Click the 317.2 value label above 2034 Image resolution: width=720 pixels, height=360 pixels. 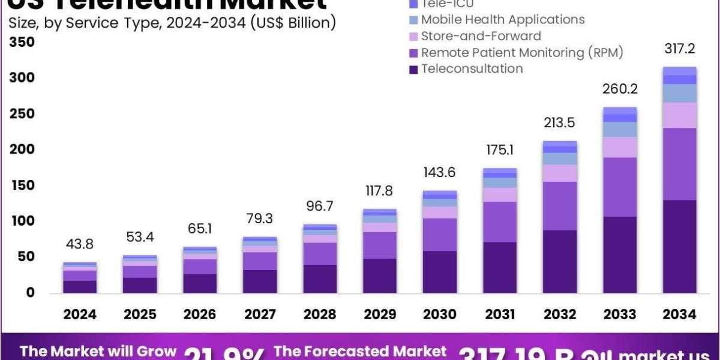[x=679, y=49]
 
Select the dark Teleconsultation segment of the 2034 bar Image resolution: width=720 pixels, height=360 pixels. [x=679, y=246]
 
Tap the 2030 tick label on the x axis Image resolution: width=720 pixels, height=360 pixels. [x=440, y=314]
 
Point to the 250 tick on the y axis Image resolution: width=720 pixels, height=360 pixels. [x=22, y=113]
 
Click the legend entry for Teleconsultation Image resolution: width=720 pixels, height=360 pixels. [x=472, y=68]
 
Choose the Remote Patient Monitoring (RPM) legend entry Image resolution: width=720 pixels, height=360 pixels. [x=522, y=53]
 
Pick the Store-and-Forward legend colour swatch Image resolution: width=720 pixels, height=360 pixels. [x=413, y=37]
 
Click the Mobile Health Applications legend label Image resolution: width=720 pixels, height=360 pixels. [x=503, y=20]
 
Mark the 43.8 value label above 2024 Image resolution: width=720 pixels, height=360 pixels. [x=80, y=244]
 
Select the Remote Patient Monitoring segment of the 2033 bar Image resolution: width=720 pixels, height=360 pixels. [x=619, y=187]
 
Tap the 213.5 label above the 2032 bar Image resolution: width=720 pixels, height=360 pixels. [x=559, y=122]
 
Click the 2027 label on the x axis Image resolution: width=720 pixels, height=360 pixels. [x=260, y=314]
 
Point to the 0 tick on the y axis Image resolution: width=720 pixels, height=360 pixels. [x=30, y=293]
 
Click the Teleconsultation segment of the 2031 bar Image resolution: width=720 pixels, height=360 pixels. [x=500, y=267]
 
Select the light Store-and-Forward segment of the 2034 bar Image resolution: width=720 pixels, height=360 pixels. [x=679, y=115]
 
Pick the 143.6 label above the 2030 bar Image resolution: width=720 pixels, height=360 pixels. [x=440, y=172]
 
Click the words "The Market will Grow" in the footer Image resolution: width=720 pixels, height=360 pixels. [x=98, y=351]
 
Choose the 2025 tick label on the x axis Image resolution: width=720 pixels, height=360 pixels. [x=140, y=314]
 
